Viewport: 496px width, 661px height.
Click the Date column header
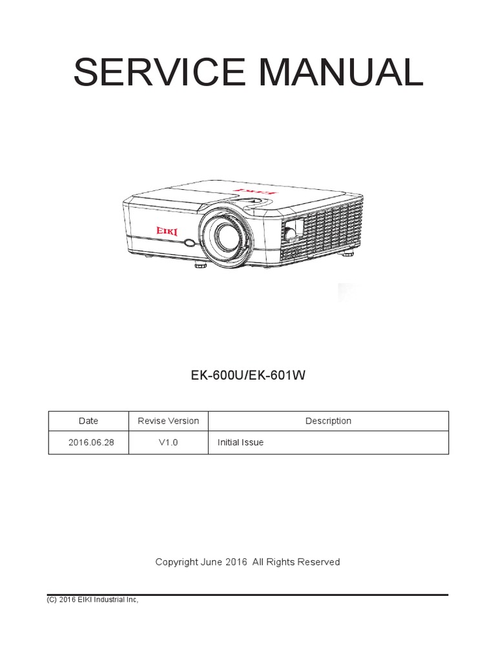(x=88, y=421)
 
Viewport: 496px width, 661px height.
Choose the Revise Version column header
(x=169, y=421)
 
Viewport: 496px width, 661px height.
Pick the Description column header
(x=328, y=421)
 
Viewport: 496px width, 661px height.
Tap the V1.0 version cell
(x=169, y=443)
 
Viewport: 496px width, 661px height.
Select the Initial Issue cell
(x=240, y=443)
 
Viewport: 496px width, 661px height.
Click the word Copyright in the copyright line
(x=177, y=562)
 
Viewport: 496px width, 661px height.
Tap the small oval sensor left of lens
(x=189, y=243)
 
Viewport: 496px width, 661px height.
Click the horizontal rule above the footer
(x=248, y=594)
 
